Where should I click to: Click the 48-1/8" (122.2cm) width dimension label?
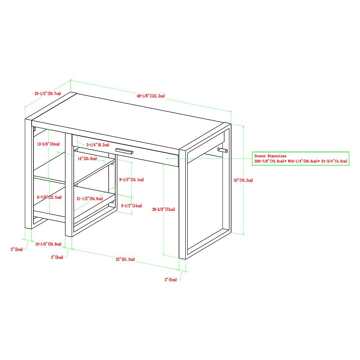pos(151,96)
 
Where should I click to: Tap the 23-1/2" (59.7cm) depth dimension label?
pos(48,94)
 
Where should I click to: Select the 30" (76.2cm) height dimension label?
pos(243,180)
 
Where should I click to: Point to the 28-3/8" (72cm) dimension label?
pos(163,209)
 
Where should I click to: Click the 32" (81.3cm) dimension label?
pos(125,259)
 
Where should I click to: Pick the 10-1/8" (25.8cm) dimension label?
pos(49,244)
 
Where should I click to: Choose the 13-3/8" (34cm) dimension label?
pos(49,144)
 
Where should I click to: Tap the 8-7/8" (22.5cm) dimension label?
pos(49,197)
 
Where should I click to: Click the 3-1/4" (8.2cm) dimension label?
pos(98,145)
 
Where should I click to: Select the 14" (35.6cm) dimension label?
pos(87,158)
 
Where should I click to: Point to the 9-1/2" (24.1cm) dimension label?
pos(131,180)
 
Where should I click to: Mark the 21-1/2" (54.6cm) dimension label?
pos(90,198)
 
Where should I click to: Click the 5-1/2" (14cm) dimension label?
pos(131,206)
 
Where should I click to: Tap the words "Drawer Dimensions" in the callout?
pos(270,156)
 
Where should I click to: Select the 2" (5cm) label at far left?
pos(17,249)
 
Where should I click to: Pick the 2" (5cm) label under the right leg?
pos(171,279)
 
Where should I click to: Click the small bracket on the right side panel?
pos(222,150)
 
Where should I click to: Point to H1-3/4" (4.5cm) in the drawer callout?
pos(334,161)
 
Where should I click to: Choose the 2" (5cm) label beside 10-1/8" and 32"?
pos(57,257)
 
